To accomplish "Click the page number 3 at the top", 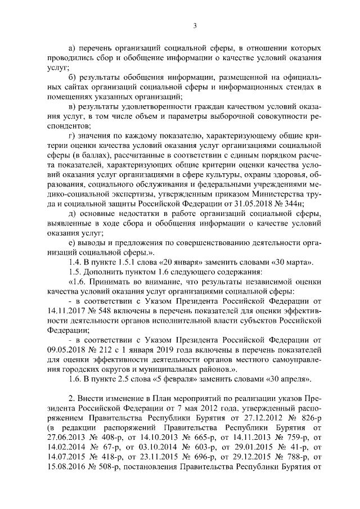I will pos(194,25).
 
